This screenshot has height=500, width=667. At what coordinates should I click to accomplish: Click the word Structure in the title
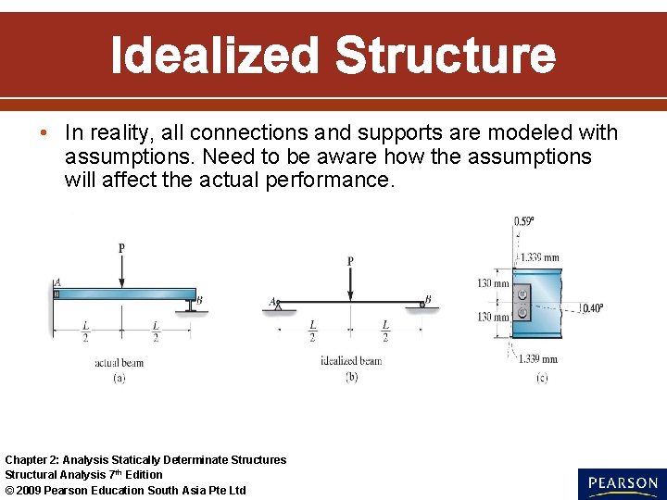[x=446, y=56]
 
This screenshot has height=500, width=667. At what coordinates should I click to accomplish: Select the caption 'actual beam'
[x=120, y=363]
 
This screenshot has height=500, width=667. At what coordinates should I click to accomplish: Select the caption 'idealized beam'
[x=350, y=361]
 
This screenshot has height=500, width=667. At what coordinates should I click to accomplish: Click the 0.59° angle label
[x=524, y=221]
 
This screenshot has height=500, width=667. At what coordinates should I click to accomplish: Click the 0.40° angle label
[x=590, y=308]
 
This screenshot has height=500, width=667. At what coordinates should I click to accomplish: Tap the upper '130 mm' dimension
[x=493, y=283]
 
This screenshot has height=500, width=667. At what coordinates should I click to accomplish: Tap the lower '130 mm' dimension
[x=493, y=317]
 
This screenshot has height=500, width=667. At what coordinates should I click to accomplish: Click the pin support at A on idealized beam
[x=277, y=306]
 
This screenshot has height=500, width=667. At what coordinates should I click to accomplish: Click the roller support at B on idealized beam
[x=422, y=305]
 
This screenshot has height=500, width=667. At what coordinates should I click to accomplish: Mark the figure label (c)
[x=541, y=378]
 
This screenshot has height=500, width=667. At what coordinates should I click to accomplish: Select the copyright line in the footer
[x=126, y=490]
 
